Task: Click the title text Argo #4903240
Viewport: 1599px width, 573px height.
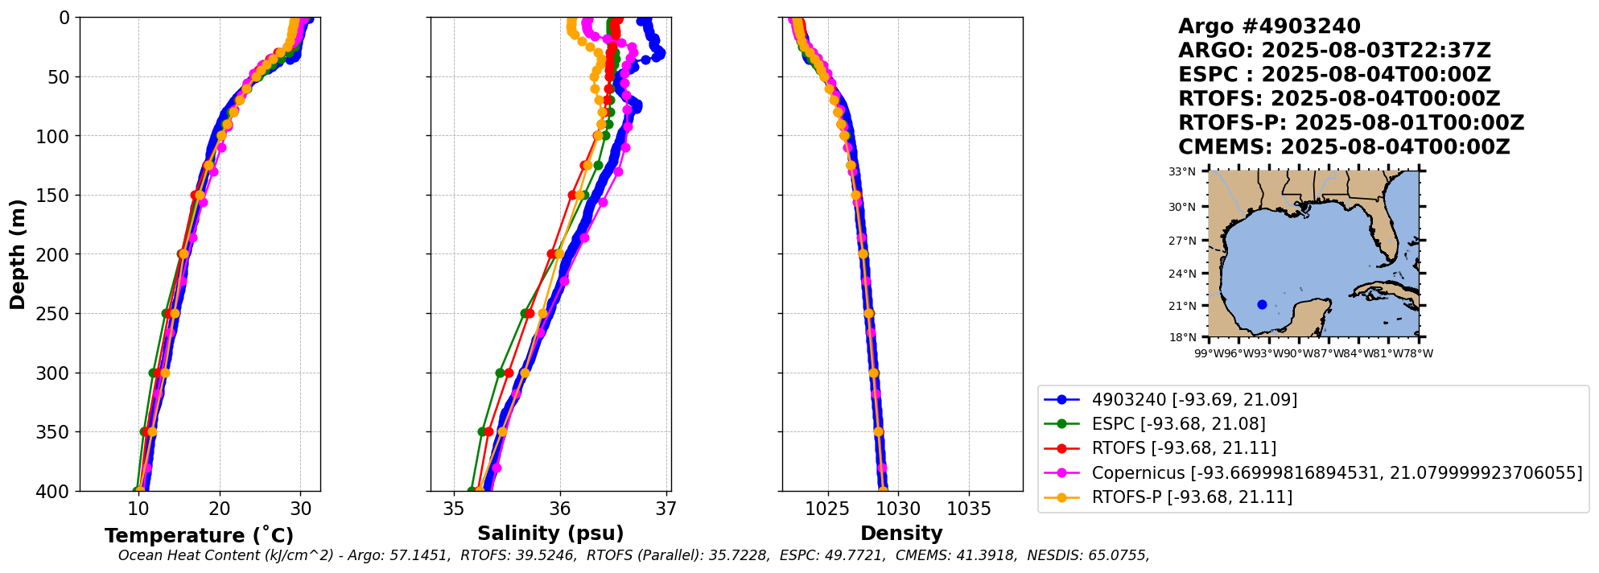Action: pyautogui.click(x=1269, y=27)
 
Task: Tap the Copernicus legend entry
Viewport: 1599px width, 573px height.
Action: pyautogui.click(x=1336, y=472)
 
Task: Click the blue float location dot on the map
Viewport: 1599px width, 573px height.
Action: pyautogui.click(x=1262, y=304)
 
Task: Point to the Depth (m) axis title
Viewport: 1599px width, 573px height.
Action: pyautogui.click(x=18, y=254)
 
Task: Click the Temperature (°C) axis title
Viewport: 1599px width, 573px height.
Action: pyautogui.click(x=199, y=536)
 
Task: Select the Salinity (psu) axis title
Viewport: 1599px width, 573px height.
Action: pyautogui.click(x=550, y=534)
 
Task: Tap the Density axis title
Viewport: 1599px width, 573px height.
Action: pyautogui.click(x=901, y=534)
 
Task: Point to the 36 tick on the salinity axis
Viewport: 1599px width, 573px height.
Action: pyautogui.click(x=560, y=509)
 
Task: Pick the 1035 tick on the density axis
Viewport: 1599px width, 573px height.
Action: pyautogui.click(x=969, y=509)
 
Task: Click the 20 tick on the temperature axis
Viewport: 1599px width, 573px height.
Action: pyautogui.click(x=220, y=509)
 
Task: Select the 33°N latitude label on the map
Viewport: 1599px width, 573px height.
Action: pyautogui.click(x=1182, y=171)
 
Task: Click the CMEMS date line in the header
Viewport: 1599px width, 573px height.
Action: pyautogui.click(x=1344, y=147)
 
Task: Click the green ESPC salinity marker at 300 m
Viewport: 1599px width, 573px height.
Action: pyautogui.click(x=500, y=373)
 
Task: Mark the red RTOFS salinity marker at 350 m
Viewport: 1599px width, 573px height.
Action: pyautogui.click(x=488, y=432)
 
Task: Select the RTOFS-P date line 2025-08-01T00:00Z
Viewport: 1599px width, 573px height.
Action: pyautogui.click(x=1351, y=123)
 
